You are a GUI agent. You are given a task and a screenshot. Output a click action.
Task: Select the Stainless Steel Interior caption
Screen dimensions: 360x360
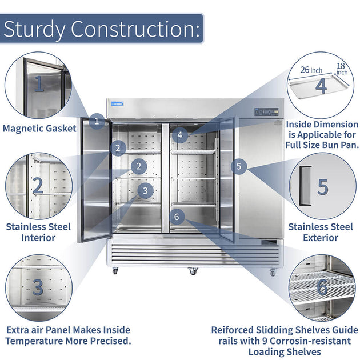(x=39, y=232)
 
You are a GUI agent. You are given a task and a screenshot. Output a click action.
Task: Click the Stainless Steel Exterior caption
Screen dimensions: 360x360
(x=321, y=232)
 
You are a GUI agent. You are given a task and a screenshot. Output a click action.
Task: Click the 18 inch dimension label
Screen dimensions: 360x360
(x=342, y=69)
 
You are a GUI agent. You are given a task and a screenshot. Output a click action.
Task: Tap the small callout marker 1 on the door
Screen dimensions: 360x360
(x=97, y=121)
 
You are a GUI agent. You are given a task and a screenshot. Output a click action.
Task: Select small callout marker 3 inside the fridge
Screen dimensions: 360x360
(x=146, y=191)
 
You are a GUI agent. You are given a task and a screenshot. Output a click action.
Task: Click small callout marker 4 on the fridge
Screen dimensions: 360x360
(x=180, y=135)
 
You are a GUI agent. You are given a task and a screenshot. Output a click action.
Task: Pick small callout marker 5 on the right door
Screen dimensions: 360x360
(x=240, y=167)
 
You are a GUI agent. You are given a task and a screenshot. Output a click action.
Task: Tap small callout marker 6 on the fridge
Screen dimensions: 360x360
(x=177, y=217)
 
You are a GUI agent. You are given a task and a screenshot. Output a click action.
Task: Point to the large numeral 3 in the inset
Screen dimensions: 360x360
(x=38, y=287)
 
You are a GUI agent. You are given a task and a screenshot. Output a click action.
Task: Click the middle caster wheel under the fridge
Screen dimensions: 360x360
(x=193, y=271)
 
